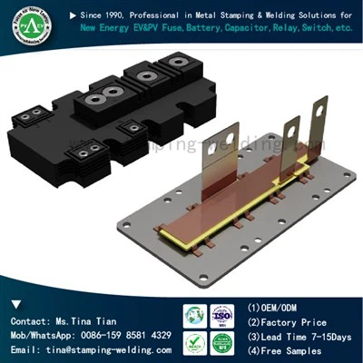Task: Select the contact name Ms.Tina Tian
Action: [x=83, y=322]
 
